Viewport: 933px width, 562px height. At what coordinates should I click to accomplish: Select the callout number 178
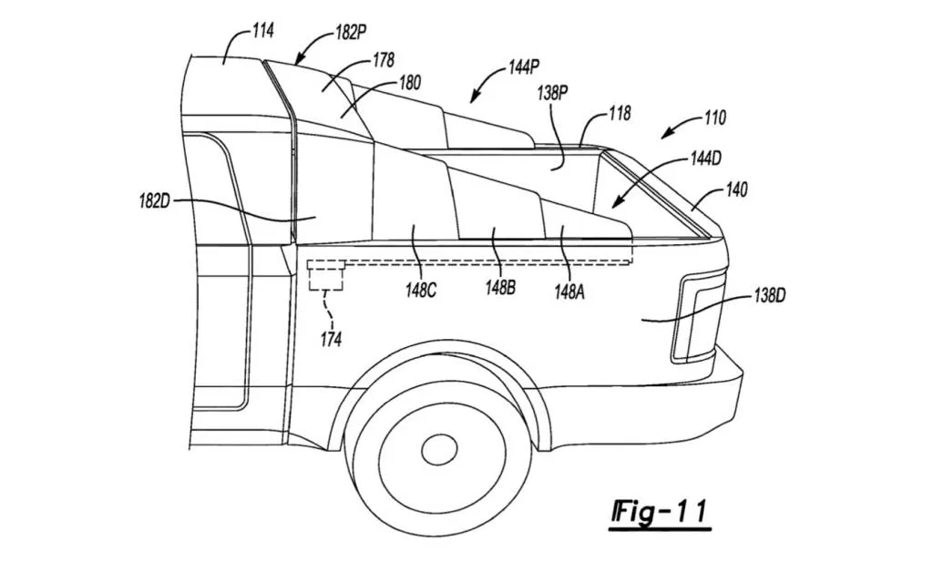pos(383,60)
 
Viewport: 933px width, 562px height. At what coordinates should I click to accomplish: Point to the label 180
pos(409,83)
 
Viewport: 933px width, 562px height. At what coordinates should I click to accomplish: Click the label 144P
pos(523,68)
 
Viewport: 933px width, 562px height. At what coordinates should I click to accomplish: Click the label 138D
pos(770,297)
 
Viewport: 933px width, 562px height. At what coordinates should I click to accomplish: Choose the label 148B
pos(500,289)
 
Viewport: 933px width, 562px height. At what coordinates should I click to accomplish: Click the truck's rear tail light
pos(697,316)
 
